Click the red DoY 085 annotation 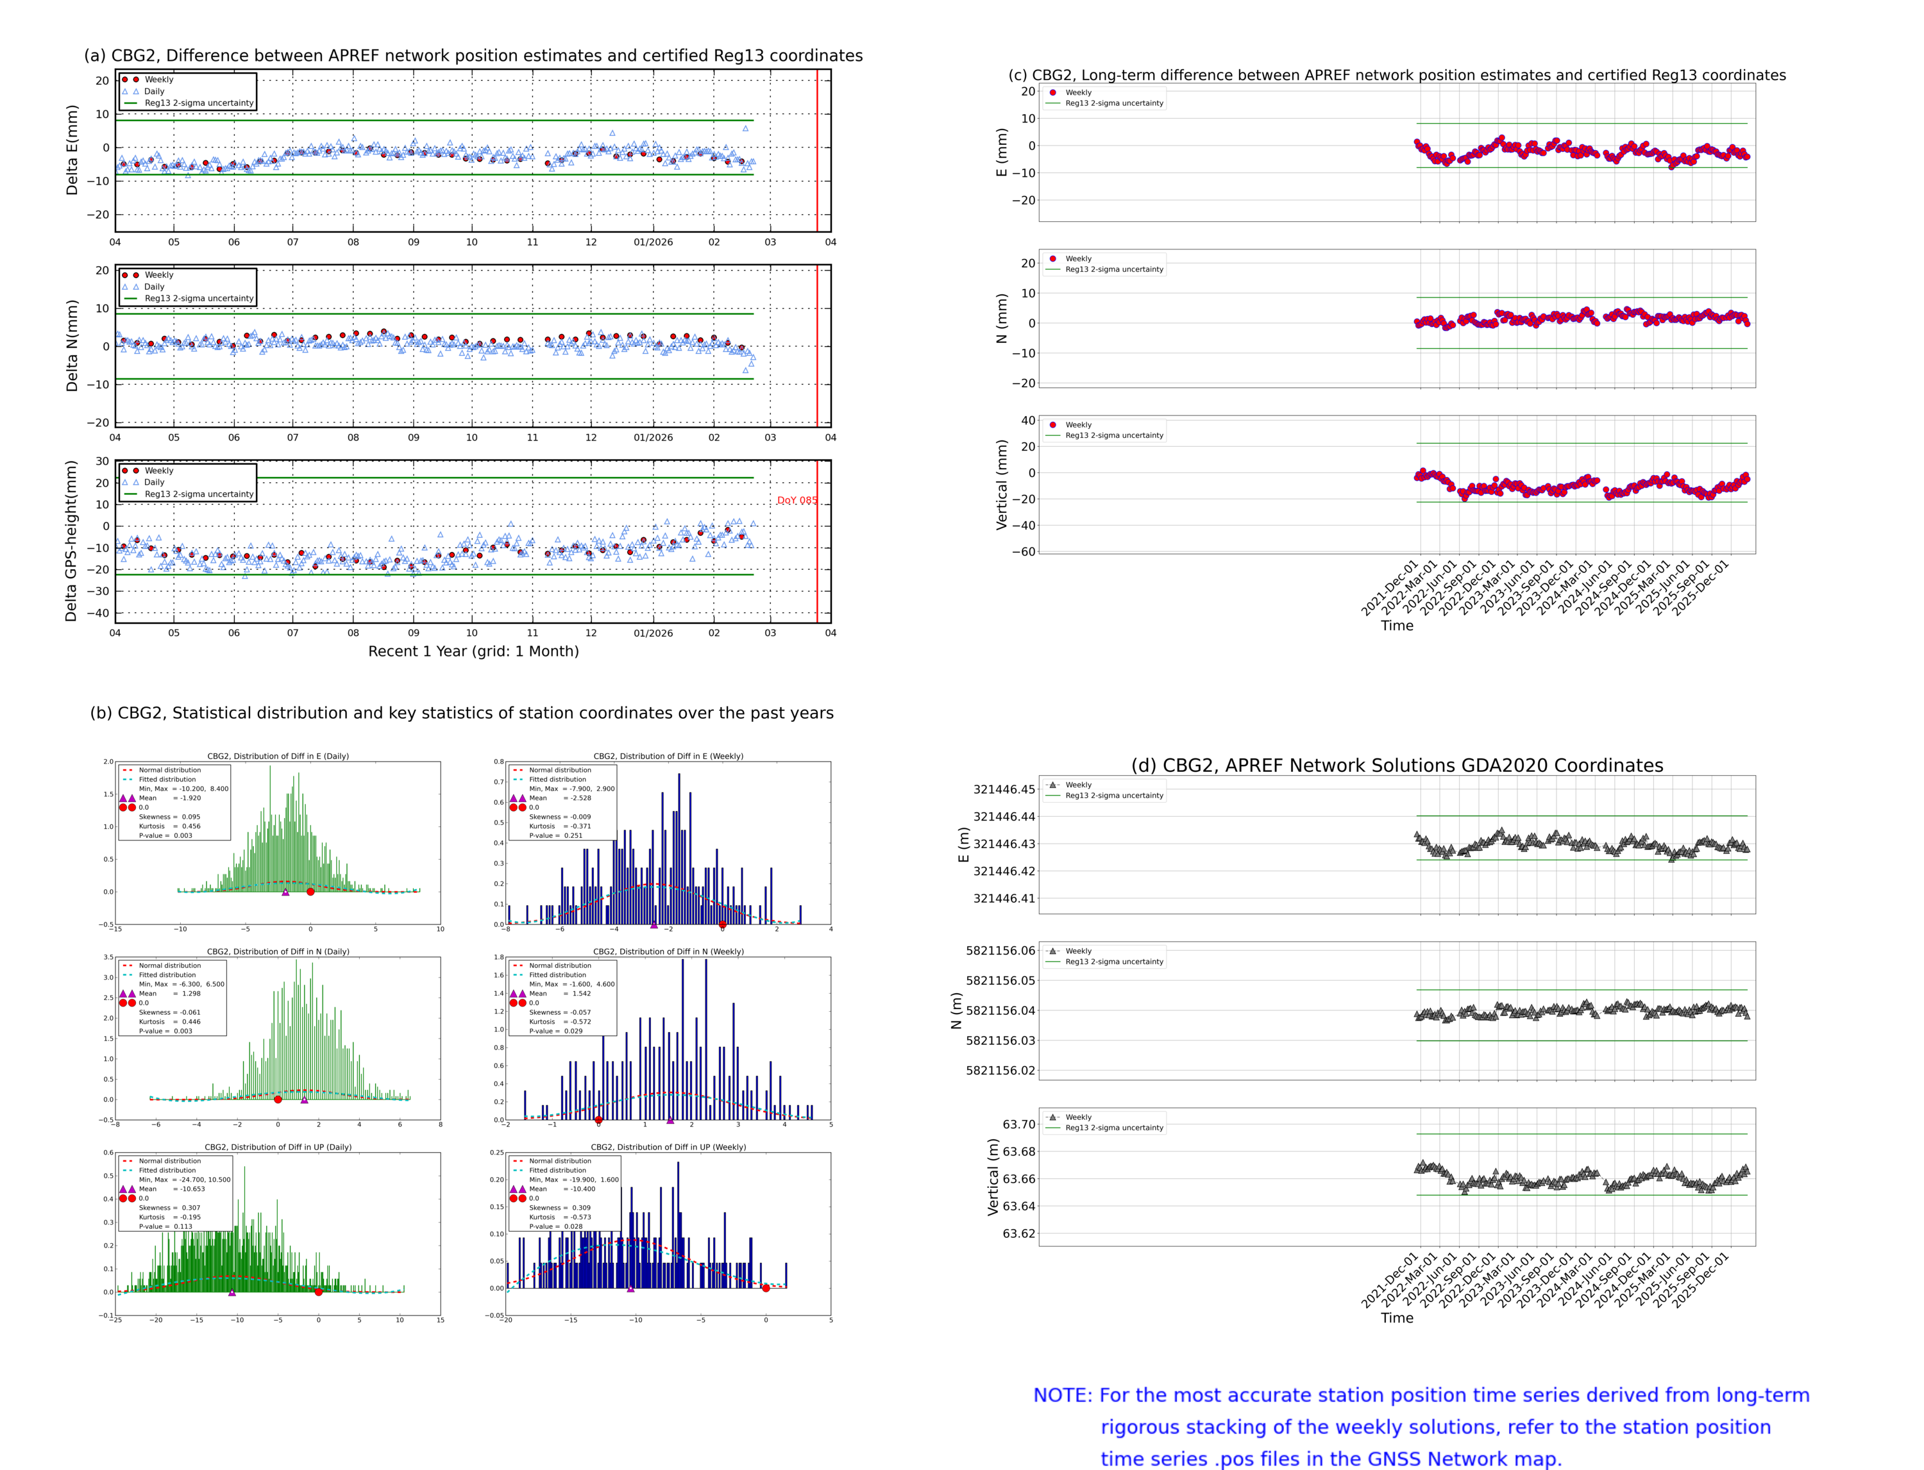coord(797,501)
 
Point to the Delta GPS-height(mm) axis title coord(71,540)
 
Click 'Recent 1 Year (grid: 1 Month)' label coord(473,651)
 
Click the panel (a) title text coord(473,55)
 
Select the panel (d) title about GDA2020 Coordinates coord(1397,765)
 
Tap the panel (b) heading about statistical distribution coord(461,713)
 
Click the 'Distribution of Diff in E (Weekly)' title coord(668,756)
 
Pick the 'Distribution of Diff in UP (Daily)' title coord(278,1147)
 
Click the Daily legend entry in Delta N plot coord(154,287)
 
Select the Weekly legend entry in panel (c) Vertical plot coord(1077,425)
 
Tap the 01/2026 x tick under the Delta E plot coord(653,242)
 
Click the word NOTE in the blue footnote coord(1062,1395)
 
